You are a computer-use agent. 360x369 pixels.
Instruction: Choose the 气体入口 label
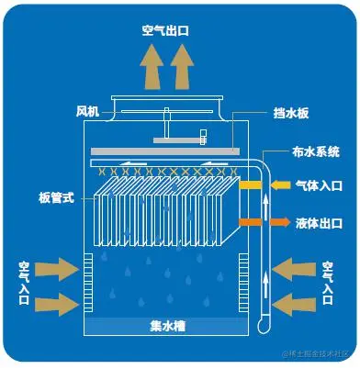pyautogui.click(x=320, y=185)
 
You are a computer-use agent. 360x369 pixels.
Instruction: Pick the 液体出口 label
pyautogui.click(x=320, y=222)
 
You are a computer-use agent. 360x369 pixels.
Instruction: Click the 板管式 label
pyautogui.click(x=56, y=196)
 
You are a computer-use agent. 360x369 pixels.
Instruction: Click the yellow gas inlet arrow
pyautogui.click(x=250, y=185)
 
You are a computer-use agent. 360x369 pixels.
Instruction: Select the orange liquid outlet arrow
pyautogui.click(x=251, y=222)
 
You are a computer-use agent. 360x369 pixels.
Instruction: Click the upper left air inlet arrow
pyautogui.click(x=60, y=268)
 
